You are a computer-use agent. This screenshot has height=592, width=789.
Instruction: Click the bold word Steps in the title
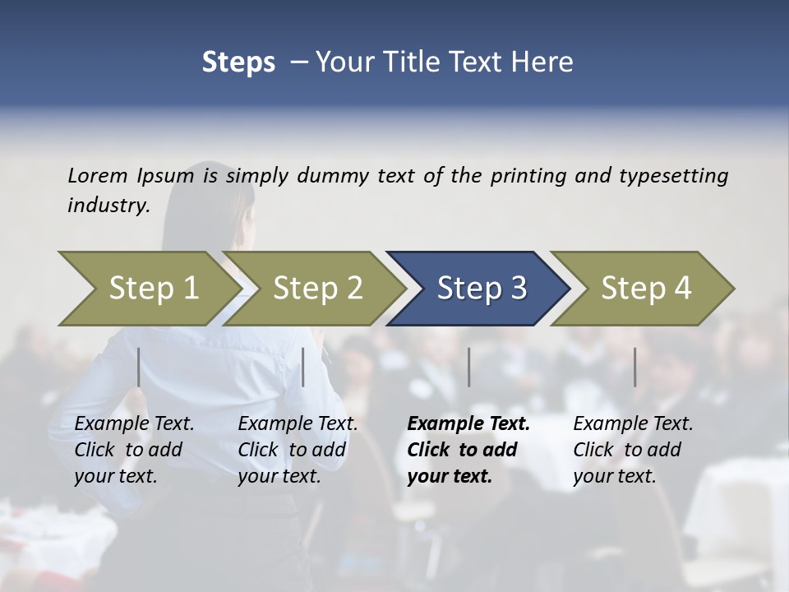[x=238, y=62]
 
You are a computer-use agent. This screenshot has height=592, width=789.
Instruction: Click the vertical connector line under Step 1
[x=139, y=367]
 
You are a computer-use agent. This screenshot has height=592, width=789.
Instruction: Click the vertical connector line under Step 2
[x=303, y=367]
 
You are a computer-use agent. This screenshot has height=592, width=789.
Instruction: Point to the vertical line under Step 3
[x=469, y=367]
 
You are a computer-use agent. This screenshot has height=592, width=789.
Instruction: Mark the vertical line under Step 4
[x=634, y=367]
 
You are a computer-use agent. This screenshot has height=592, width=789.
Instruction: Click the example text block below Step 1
[x=134, y=450]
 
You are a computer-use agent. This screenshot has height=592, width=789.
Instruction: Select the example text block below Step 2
[x=298, y=450]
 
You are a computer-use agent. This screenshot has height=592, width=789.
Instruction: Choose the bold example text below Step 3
[x=468, y=450]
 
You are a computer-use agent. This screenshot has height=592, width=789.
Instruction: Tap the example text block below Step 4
[x=633, y=450]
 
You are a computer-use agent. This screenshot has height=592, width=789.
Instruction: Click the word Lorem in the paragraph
[x=98, y=176]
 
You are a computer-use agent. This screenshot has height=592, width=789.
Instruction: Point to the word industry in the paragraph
[x=107, y=206]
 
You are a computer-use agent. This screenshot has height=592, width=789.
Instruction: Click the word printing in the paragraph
[x=528, y=176]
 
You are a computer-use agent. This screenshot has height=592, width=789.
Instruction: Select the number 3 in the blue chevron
[x=518, y=289]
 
